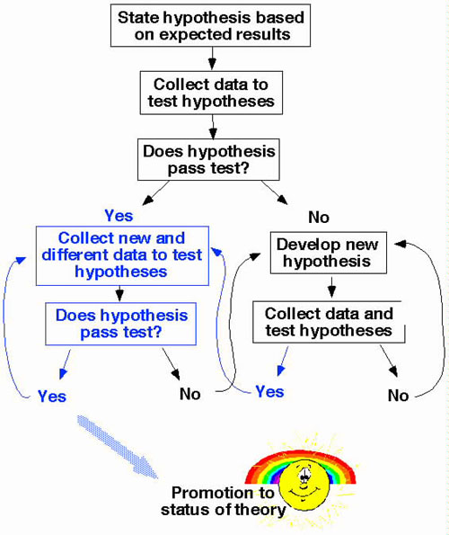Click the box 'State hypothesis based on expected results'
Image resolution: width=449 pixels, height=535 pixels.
coord(210,25)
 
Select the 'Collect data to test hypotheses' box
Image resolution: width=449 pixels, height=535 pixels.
coord(211,93)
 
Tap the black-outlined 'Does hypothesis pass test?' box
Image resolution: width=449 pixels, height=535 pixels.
coord(208,159)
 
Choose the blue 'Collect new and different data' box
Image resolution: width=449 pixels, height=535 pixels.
coord(122,255)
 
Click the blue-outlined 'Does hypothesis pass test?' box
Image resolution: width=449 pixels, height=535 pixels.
coord(120,324)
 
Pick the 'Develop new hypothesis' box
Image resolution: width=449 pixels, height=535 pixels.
coord(329,253)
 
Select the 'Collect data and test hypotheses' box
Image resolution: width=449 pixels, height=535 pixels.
coord(329,322)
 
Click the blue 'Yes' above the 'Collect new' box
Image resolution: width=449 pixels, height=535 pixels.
coord(119,216)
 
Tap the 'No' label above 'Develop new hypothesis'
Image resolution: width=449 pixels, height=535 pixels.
coord(319,218)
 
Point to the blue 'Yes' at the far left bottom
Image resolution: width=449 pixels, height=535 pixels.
coord(52,397)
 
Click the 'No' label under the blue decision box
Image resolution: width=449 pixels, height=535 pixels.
coord(189,394)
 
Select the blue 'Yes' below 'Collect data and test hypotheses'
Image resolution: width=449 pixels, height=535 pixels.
coord(269,391)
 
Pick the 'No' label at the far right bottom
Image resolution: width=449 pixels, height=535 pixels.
coord(398,396)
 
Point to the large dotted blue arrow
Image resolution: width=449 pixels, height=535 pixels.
coord(118,447)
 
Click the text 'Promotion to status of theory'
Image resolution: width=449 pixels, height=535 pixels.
coord(223,501)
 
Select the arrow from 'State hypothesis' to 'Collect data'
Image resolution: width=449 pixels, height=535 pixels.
coord(212,58)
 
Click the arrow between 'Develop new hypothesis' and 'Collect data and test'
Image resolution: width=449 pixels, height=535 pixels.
coord(331,287)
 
